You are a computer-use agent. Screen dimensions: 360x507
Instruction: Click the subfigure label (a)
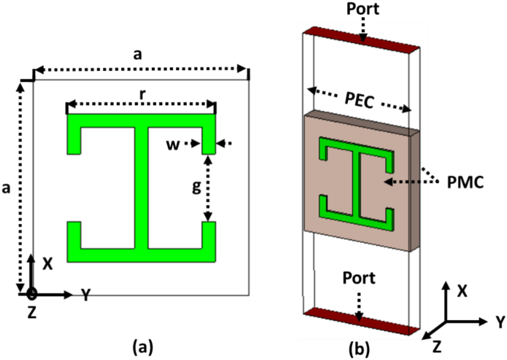[143, 347]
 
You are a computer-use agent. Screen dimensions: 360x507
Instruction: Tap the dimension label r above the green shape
[143, 95]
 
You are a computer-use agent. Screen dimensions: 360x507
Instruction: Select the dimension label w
[173, 144]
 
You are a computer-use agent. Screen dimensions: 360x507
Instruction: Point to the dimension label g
[197, 187]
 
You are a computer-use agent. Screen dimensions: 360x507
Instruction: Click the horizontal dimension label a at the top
[137, 54]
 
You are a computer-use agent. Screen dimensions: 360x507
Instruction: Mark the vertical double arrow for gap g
[208, 188]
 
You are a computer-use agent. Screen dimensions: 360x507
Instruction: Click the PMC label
[465, 182]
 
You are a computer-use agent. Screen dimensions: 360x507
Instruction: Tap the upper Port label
[363, 9]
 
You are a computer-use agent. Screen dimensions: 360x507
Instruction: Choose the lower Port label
[359, 278]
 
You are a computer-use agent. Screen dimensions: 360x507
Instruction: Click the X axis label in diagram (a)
[48, 264]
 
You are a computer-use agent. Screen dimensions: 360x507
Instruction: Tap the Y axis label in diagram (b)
[500, 322]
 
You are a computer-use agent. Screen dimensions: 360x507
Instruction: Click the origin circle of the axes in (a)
[31, 294]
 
